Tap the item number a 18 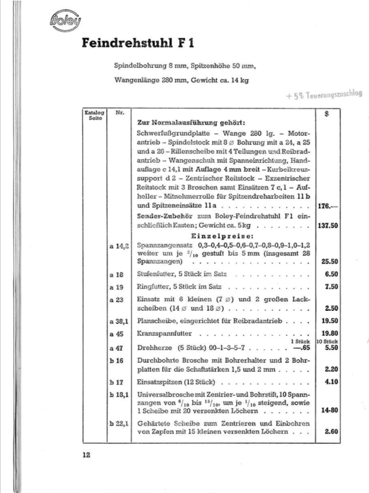tap(116, 275)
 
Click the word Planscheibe tap(156, 322)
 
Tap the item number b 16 tap(116, 361)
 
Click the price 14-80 tap(327, 410)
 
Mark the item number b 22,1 tap(118, 423)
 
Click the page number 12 tap(86, 455)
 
